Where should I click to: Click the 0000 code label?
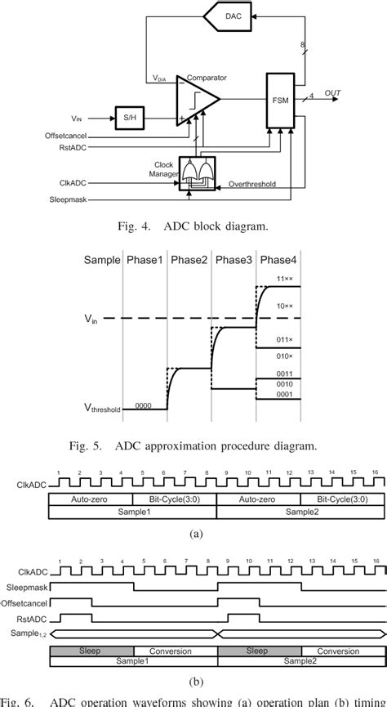(x=144, y=405)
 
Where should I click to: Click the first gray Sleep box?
(x=91, y=651)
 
